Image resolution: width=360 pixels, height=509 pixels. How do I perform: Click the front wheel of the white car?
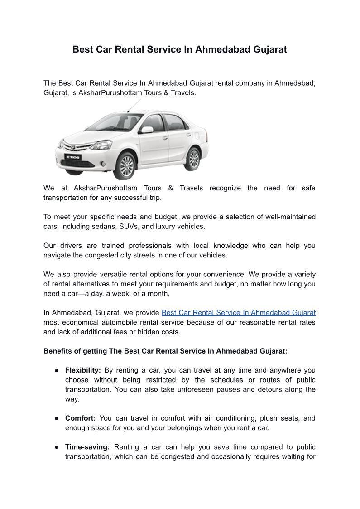click(127, 166)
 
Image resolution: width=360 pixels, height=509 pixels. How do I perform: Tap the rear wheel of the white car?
click(193, 159)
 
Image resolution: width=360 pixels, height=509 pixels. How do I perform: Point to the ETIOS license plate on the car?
click(73, 157)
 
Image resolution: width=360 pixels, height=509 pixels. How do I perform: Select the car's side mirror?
click(147, 130)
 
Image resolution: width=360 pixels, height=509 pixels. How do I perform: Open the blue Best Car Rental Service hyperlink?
click(238, 313)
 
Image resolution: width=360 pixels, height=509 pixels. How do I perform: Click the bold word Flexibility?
click(83, 370)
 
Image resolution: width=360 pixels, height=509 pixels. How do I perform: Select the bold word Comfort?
click(80, 418)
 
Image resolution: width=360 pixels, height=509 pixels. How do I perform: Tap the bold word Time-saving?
click(87, 447)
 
